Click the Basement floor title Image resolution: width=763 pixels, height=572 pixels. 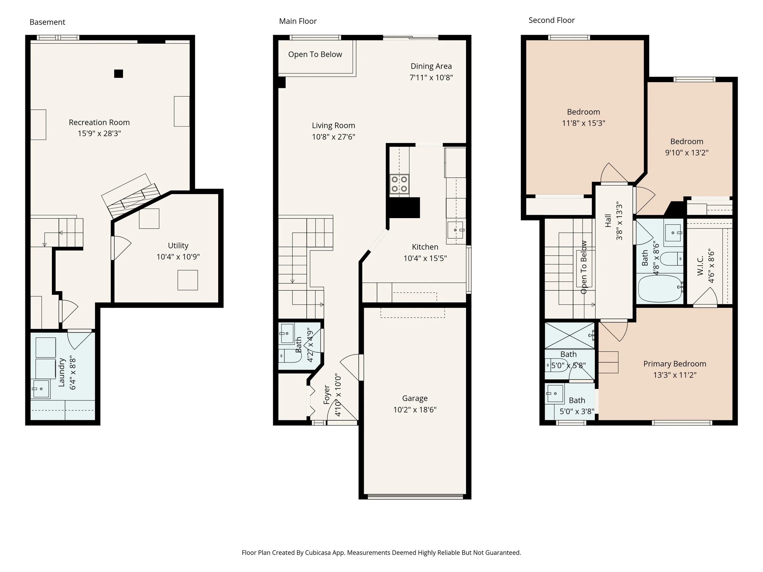tap(47, 22)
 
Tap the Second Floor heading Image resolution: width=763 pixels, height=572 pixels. tap(551, 20)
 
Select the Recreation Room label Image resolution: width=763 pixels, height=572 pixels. tap(99, 122)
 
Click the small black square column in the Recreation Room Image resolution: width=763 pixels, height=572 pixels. tap(119, 74)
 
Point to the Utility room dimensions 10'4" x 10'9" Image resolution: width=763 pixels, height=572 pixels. tap(178, 257)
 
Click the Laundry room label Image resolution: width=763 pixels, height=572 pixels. tap(62, 372)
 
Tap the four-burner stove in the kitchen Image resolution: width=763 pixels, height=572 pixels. tap(400, 184)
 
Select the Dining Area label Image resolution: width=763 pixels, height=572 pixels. tap(431, 66)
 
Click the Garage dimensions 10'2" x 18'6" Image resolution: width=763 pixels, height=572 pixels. tap(415, 410)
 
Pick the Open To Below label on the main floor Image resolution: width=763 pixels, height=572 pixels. tap(315, 55)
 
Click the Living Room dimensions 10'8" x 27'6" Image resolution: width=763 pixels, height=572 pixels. tap(334, 137)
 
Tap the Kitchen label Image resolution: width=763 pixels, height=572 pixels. tap(425, 247)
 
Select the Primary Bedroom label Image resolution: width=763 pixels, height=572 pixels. tap(675, 364)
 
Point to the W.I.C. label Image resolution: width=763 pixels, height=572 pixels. tap(700, 265)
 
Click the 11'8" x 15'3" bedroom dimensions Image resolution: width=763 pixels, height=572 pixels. tap(584, 123)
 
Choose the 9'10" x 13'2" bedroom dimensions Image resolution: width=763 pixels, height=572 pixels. tap(687, 153)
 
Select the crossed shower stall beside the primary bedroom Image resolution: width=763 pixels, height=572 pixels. tap(570, 336)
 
